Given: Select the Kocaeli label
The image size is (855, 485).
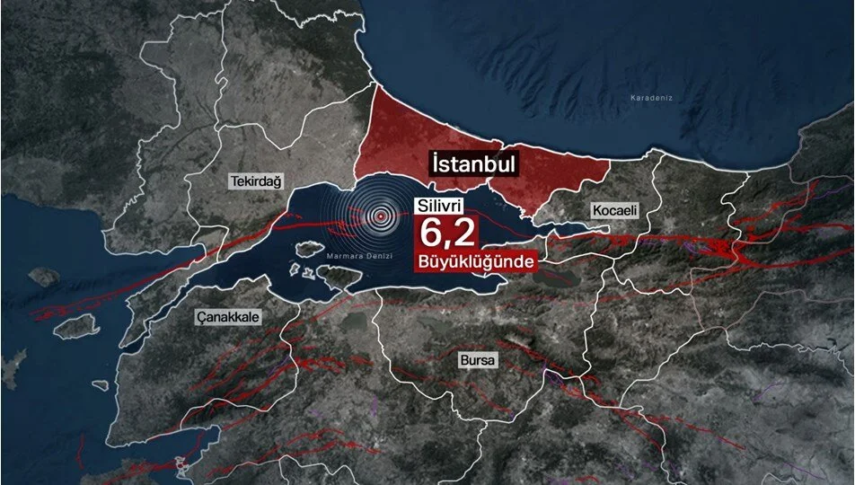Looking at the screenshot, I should coord(614,210).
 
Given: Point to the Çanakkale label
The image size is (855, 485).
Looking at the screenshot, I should coord(229,317).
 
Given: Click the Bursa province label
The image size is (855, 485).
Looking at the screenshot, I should coord(477,361).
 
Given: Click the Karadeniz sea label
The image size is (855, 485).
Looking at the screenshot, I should coord(651,96).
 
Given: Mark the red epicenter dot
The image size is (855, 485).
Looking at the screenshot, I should coord(383,216).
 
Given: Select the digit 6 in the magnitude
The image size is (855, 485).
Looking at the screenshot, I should coord(429,234).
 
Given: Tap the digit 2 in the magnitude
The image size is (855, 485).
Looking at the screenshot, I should coord(463,234).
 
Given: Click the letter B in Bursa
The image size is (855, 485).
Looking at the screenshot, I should coord(463,361).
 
